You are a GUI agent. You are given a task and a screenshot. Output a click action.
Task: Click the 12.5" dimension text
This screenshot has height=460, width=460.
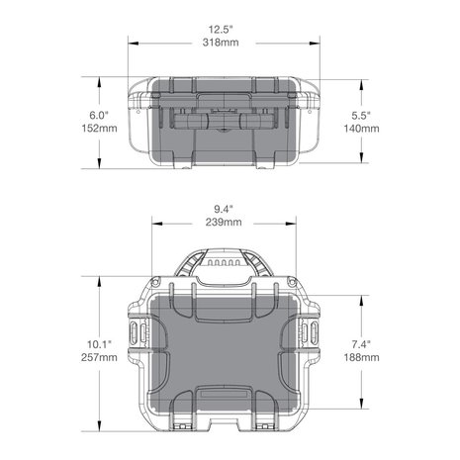pos(221,30)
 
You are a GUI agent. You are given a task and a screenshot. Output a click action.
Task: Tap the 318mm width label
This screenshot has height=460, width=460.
pos(221,43)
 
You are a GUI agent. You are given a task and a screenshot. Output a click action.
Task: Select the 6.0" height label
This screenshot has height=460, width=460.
pos(99,116)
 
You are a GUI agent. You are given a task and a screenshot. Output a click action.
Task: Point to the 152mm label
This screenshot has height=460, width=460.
pos(99,129)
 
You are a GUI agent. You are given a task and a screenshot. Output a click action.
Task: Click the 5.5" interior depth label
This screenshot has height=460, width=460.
pos(361,116)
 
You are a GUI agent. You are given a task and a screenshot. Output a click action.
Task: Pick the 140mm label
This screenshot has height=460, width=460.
pos(361,129)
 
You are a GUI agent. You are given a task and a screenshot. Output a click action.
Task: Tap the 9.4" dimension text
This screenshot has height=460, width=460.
pos(224,209)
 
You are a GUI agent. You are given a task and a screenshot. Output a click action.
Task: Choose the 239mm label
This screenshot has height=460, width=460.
pos(224,222)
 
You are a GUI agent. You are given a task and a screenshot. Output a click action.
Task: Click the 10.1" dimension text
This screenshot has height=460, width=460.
pos(99,344)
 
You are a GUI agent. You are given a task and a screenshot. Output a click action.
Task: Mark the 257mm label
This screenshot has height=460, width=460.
pos(99,357)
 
